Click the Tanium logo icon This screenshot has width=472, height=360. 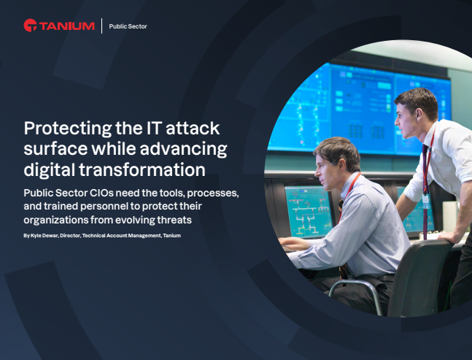[x=29, y=26]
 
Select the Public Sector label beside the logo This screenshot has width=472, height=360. [x=128, y=26]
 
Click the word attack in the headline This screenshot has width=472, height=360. [x=193, y=129]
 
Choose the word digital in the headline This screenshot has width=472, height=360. [x=49, y=171]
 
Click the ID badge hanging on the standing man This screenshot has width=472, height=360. [x=425, y=198]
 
